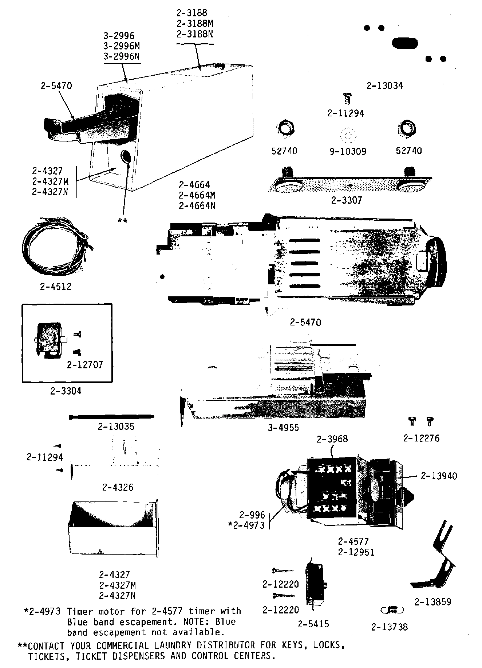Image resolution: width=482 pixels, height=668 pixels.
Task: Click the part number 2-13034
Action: pyautogui.click(x=384, y=86)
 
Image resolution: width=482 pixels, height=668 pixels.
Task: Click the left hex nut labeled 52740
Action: pyautogui.click(x=285, y=128)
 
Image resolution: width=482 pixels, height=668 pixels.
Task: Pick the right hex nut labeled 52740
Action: pyautogui.click(x=407, y=128)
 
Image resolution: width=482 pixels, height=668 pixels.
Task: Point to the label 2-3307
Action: pyautogui.click(x=346, y=200)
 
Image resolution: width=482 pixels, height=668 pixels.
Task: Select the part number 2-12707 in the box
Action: pyautogui.click(x=85, y=364)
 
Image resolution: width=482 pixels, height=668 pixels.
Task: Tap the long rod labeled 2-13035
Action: pyautogui.click(x=111, y=417)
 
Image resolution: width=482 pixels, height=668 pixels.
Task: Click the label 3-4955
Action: pyautogui.click(x=283, y=428)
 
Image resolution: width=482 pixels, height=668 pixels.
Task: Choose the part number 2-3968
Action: pyautogui.click(x=332, y=439)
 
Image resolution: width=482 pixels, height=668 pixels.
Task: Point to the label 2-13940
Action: pyautogui.click(x=439, y=476)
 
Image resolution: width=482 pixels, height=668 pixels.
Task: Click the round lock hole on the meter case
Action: pyautogui.click(x=126, y=156)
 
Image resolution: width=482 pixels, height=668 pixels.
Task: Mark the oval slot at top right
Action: pyautogui.click(x=404, y=43)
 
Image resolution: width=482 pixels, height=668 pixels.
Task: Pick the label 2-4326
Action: pyautogui.click(x=118, y=487)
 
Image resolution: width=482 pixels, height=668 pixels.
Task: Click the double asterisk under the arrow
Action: pyautogui.click(x=123, y=221)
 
